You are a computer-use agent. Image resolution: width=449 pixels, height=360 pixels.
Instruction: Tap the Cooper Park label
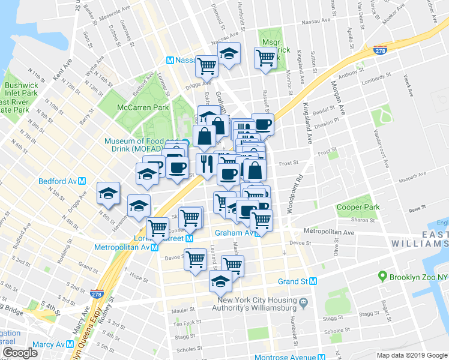click(358, 207)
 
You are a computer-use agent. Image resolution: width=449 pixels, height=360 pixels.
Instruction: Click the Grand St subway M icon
click(313, 281)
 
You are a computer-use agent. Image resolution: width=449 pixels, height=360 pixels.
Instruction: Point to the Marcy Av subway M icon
click(70, 344)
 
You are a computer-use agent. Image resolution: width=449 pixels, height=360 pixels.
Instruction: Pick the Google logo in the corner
click(20, 352)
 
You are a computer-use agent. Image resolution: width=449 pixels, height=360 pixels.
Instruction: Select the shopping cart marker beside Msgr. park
click(265, 58)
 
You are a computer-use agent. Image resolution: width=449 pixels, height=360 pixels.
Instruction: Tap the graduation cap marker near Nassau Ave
click(229, 54)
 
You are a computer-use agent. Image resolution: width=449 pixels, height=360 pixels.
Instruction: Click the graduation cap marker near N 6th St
click(108, 193)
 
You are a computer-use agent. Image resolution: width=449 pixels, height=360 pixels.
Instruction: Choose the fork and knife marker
click(206, 164)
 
